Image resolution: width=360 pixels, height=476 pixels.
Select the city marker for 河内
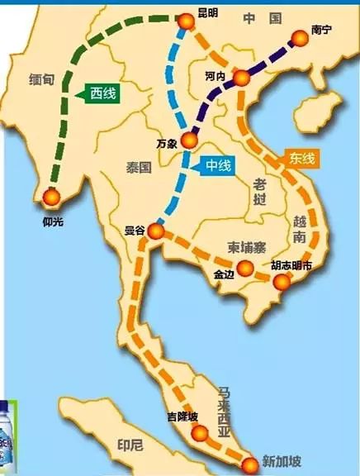click(x=241, y=79)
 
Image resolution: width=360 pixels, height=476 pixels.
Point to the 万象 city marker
click(x=189, y=140)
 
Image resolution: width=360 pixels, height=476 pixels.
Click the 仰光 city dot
click(x=51, y=197)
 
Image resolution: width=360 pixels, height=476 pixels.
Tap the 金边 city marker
click(x=244, y=267)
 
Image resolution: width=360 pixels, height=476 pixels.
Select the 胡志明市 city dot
click(x=282, y=283)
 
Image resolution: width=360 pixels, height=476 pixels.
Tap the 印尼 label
click(x=129, y=454)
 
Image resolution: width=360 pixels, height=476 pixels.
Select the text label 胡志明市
click(x=292, y=267)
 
